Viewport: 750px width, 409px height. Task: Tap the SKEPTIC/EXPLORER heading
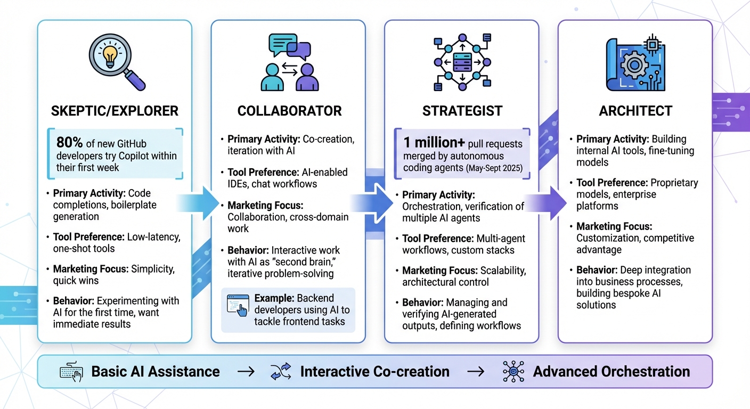click(x=115, y=111)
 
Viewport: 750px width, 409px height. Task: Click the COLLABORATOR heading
click(x=289, y=111)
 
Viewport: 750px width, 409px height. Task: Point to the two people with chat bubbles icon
click(x=289, y=62)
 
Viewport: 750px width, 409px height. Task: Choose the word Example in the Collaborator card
click(x=274, y=298)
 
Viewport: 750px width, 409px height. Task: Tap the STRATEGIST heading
click(x=462, y=111)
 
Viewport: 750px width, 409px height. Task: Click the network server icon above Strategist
click(x=462, y=62)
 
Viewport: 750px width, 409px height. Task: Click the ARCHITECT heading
click(x=635, y=111)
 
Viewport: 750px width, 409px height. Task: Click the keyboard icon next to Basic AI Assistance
click(x=71, y=372)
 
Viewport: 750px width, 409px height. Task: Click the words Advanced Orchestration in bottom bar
click(x=612, y=372)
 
